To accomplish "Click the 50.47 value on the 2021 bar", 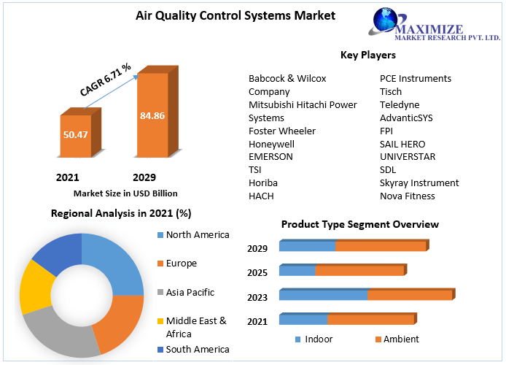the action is pos(76,134).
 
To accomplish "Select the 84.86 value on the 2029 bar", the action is pos(152,115).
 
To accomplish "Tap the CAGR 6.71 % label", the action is pos(106,80).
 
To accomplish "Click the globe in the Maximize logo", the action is pos(385,20).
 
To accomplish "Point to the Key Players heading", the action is pos(368,55).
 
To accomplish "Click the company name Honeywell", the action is pos(271,144).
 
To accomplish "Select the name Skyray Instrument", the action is pos(419,182).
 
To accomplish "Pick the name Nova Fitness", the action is pos(408,196).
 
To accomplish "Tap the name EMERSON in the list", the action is pos(270,157).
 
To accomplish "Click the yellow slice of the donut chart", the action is pos(36,286).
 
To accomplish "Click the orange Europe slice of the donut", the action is pos(120,323).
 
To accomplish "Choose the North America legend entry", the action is pos(193,235).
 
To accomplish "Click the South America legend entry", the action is pos(193,349).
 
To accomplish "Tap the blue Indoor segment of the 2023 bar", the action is pos(323,295).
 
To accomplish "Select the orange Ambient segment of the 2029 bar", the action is pos(381,246).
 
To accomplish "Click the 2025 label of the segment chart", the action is pos(257,272).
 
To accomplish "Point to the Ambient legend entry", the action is pos(397,339).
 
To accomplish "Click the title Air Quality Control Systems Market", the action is pos(236,15).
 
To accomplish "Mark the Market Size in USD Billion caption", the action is pos(125,193).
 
